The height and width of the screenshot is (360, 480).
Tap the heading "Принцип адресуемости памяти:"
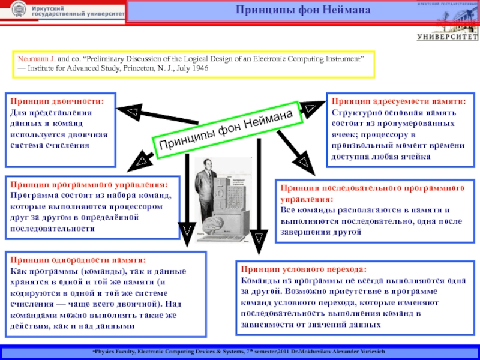[x=398, y=102]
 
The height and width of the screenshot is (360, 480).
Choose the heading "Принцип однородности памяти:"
[x=77, y=260]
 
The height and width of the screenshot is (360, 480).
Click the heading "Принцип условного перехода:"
[x=303, y=269]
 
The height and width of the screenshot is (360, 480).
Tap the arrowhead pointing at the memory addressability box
[x=310, y=109]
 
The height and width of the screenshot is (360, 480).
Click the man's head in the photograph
[x=211, y=167]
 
